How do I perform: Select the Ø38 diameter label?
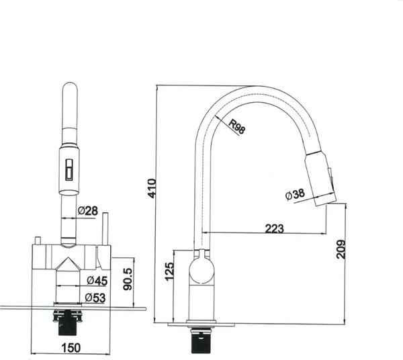coord(295,194)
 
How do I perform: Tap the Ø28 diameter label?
coord(87,211)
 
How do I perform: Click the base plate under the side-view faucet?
coord(201,324)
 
